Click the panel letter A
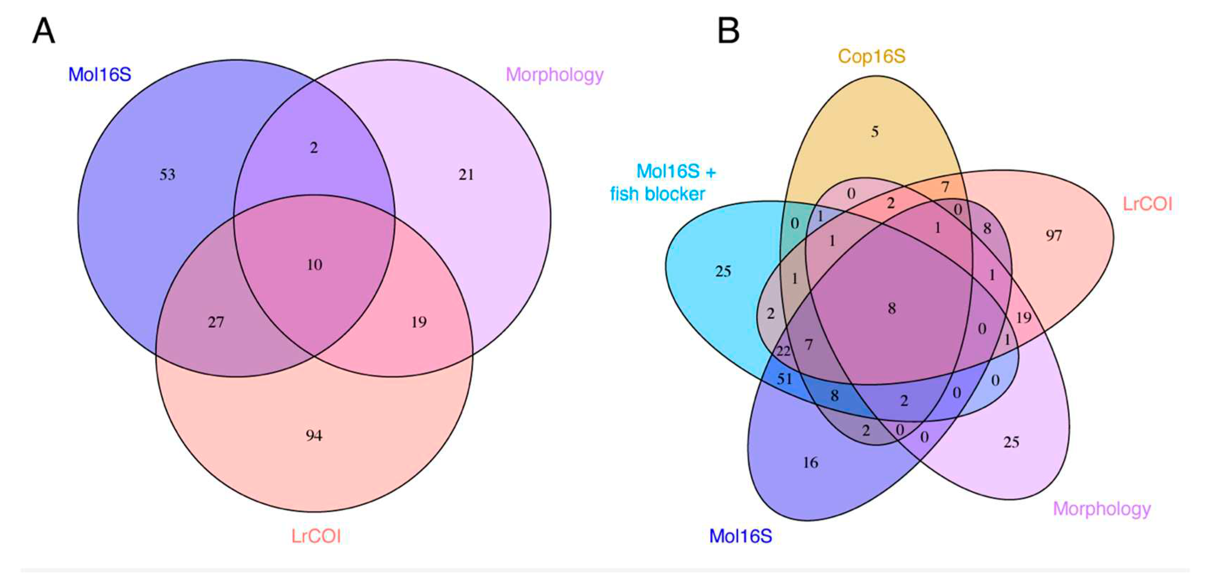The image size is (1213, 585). tap(43, 31)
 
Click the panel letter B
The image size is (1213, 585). tap(728, 31)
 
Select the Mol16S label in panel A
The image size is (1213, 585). tap(99, 75)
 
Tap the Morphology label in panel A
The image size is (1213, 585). tap(554, 75)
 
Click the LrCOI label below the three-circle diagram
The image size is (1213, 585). tap(316, 536)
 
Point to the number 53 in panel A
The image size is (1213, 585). tap(167, 175)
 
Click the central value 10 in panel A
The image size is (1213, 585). tap(315, 265)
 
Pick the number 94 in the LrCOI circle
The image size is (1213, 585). tap(314, 435)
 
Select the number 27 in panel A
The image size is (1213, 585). tap(216, 322)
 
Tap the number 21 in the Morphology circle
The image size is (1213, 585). tap(466, 175)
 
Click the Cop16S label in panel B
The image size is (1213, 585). tap(871, 56)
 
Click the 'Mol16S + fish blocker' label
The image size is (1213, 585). tap(663, 183)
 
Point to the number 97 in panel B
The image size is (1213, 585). tap(1054, 235)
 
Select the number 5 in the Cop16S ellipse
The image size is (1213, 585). tap(874, 131)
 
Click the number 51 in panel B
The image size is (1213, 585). tap(785, 378)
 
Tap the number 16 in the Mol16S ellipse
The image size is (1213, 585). tap(810, 462)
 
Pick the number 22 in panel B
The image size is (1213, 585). tap(783, 351)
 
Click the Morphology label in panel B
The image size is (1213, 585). tap(1102, 509)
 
